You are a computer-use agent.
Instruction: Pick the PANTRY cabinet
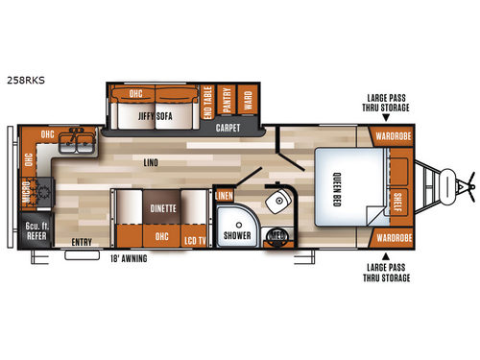point(228,102)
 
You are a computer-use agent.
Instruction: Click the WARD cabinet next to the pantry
point(247,102)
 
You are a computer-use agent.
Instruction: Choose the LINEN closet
point(223,196)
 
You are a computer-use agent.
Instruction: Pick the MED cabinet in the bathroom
point(278,233)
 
